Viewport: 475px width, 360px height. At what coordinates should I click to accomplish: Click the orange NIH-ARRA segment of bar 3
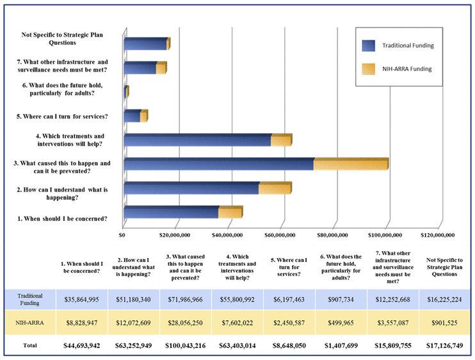coord(350,164)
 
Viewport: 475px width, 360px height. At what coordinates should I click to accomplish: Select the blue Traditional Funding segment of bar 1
coord(171,213)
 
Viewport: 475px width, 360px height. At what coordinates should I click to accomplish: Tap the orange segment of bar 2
coord(275,188)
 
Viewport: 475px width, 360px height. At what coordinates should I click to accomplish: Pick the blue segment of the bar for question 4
coord(197,140)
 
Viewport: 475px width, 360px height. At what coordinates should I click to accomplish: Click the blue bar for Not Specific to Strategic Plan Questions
coord(145,44)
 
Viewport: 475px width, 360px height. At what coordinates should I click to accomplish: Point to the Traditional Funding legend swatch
coord(368,45)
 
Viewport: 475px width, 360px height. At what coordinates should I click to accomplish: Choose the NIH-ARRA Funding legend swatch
coord(368,68)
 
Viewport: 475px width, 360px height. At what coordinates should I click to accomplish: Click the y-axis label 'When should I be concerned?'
coord(61,219)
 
